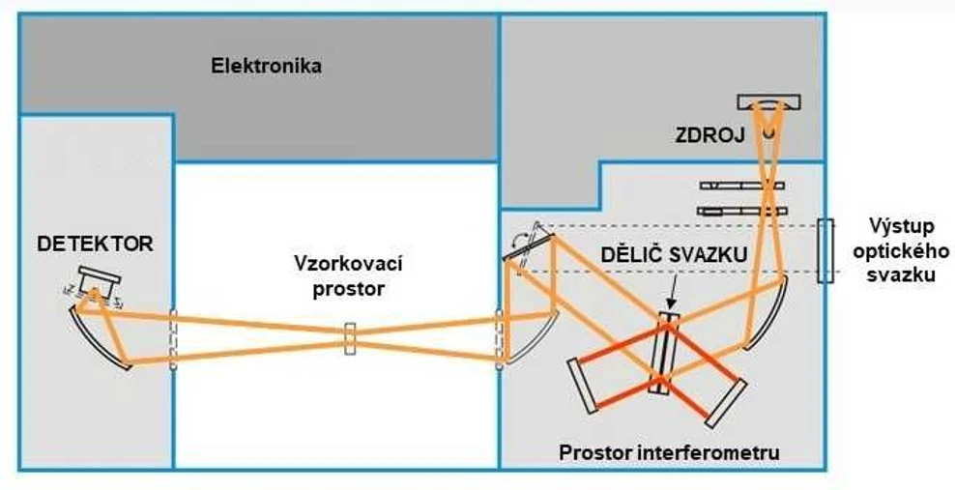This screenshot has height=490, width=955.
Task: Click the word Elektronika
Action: (x=266, y=67)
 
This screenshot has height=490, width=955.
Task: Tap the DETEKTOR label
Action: (x=95, y=245)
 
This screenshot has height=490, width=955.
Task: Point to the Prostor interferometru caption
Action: (x=669, y=451)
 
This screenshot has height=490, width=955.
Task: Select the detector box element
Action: (x=100, y=279)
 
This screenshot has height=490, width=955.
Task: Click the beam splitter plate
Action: (x=665, y=353)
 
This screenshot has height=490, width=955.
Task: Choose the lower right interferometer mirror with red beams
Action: (x=727, y=402)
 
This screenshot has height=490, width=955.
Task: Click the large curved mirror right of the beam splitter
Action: (x=769, y=314)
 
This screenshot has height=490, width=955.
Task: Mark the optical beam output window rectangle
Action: (x=824, y=250)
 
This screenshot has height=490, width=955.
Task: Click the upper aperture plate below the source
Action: (x=742, y=185)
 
